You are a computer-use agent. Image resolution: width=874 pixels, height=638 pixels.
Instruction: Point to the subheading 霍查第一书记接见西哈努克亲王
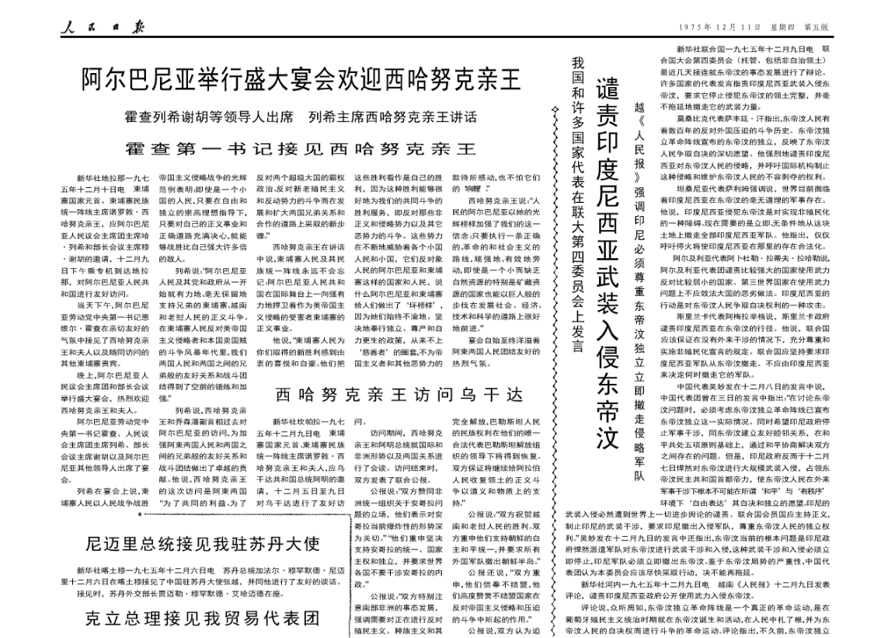click(x=303, y=148)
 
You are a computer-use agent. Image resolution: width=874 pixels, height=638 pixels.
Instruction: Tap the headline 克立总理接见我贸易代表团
click(x=204, y=619)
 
